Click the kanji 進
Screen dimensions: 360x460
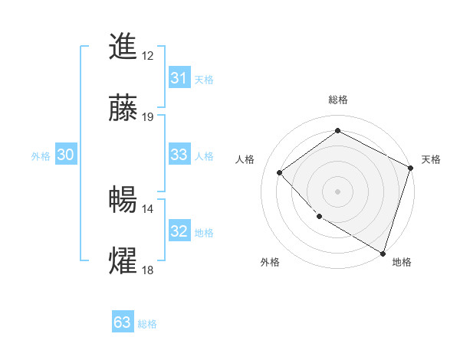pyautogui.click(x=123, y=47)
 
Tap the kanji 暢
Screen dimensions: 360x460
pyautogui.click(x=123, y=200)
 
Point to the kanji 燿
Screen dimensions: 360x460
pyautogui.click(x=123, y=261)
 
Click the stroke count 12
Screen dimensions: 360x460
pyautogui.click(x=148, y=56)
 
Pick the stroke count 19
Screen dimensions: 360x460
pyautogui.click(x=148, y=117)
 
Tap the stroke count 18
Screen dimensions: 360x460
pyautogui.click(x=148, y=270)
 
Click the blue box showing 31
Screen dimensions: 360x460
pyautogui.click(x=179, y=78)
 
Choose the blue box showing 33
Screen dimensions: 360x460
pyautogui.click(x=179, y=155)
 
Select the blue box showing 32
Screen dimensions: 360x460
pyautogui.click(x=179, y=231)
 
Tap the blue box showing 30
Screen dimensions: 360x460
pyautogui.click(x=66, y=155)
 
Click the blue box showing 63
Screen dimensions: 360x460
pyautogui.click(x=123, y=322)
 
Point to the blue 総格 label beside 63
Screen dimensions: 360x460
pyautogui.click(x=147, y=324)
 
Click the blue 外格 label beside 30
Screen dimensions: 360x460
pyautogui.click(x=41, y=156)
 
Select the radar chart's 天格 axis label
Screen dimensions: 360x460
pyautogui.click(x=431, y=159)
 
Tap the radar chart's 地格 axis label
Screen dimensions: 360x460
pyautogui.click(x=402, y=262)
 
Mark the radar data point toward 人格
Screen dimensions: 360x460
pyautogui.click(x=280, y=172)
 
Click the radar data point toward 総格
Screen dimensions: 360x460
pyautogui.click(x=337, y=130)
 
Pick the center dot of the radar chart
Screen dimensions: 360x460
pyautogui.click(x=337, y=191)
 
